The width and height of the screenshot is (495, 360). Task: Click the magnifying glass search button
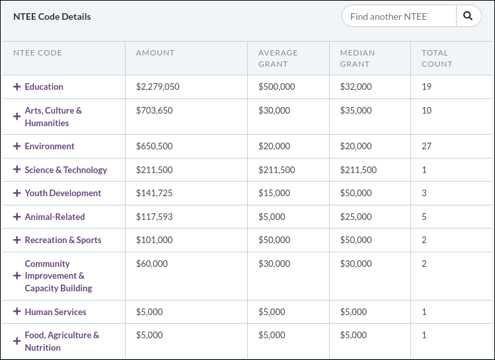pyautogui.click(x=468, y=17)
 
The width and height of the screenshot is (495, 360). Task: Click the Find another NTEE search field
pyautogui.click(x=399, y=17)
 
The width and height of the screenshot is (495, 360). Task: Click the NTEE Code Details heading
pyautogui.click(x=52, y=17)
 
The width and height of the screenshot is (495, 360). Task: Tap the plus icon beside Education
pyautogui.click(x=17, y=87)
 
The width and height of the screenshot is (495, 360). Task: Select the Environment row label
pyautogui.click(x=50, y=146)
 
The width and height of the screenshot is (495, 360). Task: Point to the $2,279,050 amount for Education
pyautogui.click(x=158, y=87)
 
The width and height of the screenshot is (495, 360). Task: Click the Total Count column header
pyautogui.click(x=437, y=58)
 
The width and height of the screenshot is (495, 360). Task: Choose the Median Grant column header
pyautogui.click(x=357, y=58)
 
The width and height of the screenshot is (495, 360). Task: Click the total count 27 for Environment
pyautogui.click(x=426, y=146)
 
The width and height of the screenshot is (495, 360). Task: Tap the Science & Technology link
pyautogui.click(x=65, y=170)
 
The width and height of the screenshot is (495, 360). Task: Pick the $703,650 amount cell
pyautogui.click(x=154, y=110)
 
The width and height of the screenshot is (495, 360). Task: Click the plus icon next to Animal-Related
pyautogui.click(x=17, y=217)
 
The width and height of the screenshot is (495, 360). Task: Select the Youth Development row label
pyautogui.click(x=63, y=193)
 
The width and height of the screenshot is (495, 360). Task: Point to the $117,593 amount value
pyautogui.click(x=154, y=217)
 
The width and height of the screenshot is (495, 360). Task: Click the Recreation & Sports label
pyautogui.click(x=63, y=240)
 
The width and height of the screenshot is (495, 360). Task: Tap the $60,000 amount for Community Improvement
pyautogui.click(x=152, y=264)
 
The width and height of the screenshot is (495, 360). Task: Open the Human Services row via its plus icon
pyautogui.click(x=17, y=312)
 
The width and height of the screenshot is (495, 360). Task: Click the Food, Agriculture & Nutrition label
pyautogui.click(x=61, y=342)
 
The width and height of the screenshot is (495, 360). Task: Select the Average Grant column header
pyautogui.click(x=278, y=58)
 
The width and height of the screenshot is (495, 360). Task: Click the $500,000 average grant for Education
pyautogui.click(x=276, y=87)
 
